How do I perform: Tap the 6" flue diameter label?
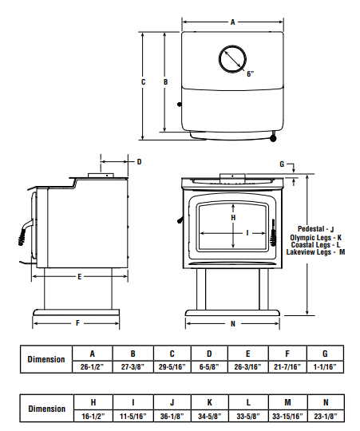pyautogui.click(x=250, y=74)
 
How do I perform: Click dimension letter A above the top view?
pyautogui.click(x=233, y=22)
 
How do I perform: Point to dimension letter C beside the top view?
pyautogui.click(x=143, y=82)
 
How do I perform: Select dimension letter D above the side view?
pyautogui.click(x=140, y=162)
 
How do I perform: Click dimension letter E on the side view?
pyautogui.click(x=79, y=277)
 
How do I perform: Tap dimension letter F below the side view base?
pyautogui.click(x=77, y=323)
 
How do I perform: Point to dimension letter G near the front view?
pyautogui.click(x=282, y=164)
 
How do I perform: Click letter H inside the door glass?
pyautogui.click(x=233, y=218)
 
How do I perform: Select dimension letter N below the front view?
pyautogui.click(x=233, y=324)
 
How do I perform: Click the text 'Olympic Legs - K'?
pyautogui.click(x=316, y=238)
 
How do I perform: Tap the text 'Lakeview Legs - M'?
pyautogui.click(x=315, y=252)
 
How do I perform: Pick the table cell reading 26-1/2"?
pyautogui.click(x=93, y=366)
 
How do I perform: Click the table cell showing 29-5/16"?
pyautogui.click(x=172, y=366)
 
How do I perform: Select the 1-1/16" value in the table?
pyautogui.click(x=325, y=366)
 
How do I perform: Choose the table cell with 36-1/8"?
pyautogui.click(x=172, y=416)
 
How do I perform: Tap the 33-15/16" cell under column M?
pyautogui.click(x=287, y=416)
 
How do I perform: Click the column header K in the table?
pyautogui.click(x=209, y=403)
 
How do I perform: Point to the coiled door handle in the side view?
pyautogui.click(x=22, y=238)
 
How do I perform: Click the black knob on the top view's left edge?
pyautogui.click(x=180, y=105)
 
